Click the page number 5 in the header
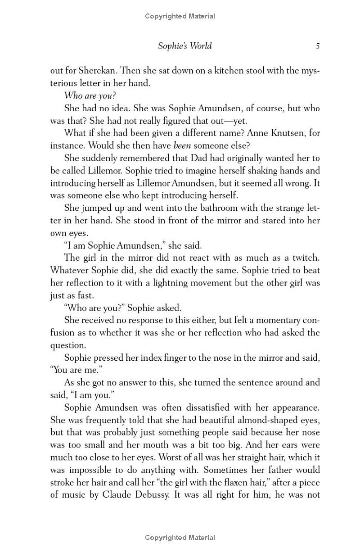(x=318, y=46)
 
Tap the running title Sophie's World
(x=184, y=46)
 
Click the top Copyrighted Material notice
(x=180, y=16)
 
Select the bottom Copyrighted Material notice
(x=180, y=537)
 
